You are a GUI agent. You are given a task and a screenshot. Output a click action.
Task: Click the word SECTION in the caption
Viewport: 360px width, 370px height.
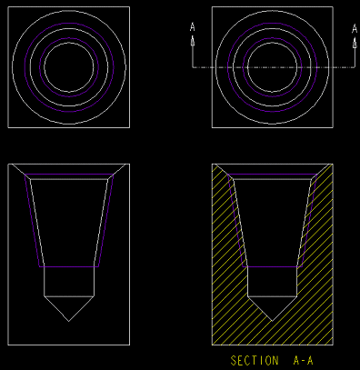click(255, 361)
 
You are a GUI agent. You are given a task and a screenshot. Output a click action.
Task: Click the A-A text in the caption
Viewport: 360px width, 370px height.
click(303, 361)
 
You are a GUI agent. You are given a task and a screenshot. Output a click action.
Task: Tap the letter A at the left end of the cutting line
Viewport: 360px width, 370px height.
click(193, 27)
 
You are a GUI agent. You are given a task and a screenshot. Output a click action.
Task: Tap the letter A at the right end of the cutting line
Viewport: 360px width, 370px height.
click(355, 29)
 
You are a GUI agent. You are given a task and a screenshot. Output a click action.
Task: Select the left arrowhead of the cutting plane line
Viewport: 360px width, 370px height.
click(193, 41)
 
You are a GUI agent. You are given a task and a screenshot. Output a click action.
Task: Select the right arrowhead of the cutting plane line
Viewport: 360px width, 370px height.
click(355, 43)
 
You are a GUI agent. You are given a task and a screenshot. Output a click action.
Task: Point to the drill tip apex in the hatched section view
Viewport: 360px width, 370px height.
click(272, 321)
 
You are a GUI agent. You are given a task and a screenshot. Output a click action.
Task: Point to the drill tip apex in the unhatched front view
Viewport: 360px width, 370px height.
click(69, 321)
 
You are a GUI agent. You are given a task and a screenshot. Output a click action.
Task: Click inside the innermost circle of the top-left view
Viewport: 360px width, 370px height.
click(69, 67)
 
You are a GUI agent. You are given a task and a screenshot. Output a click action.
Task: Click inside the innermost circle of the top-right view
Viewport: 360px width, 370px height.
click(272, 67)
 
